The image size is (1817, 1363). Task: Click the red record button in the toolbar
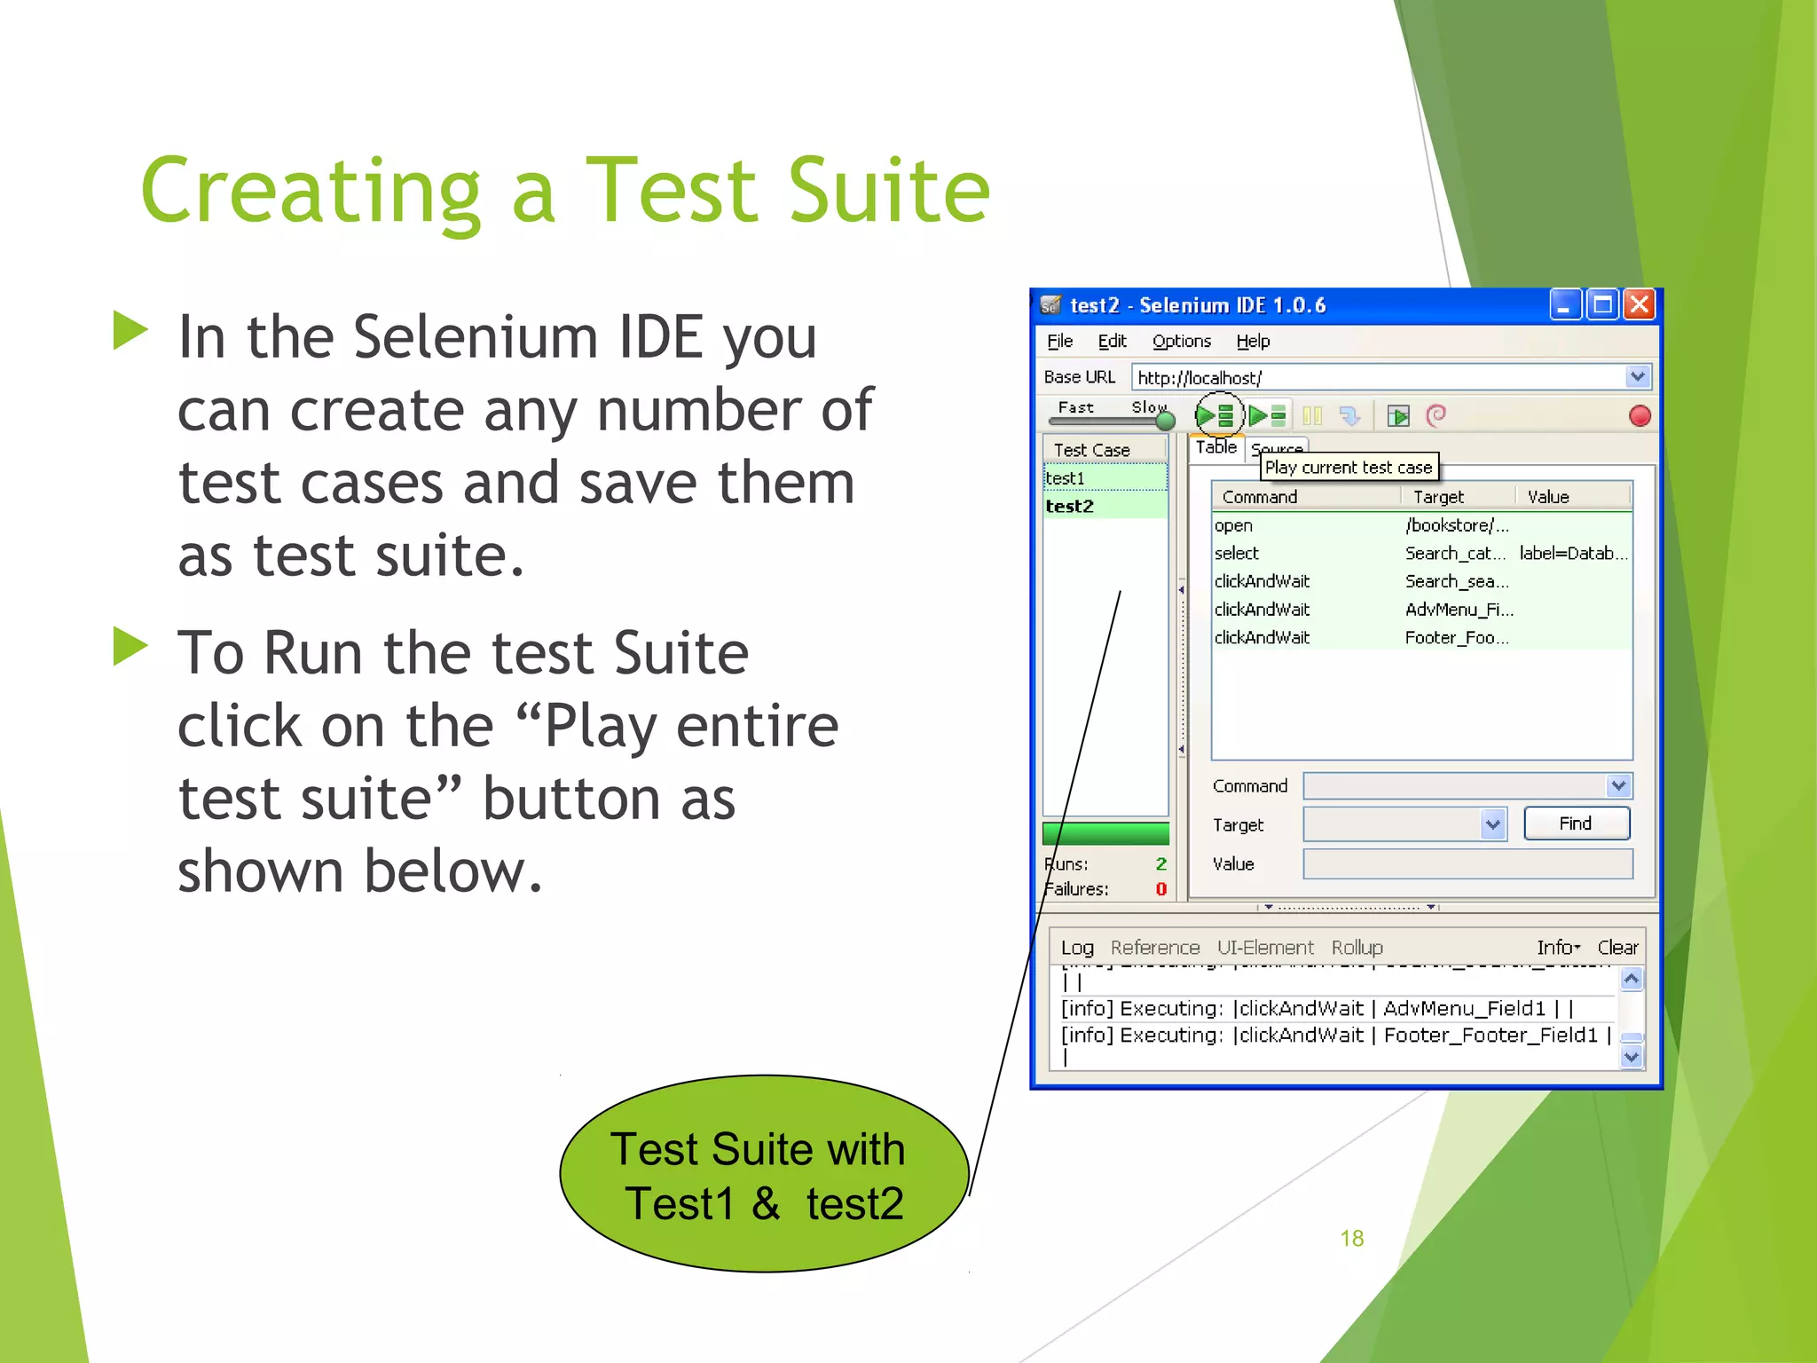(x=1640, y=416)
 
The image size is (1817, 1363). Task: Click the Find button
(x=1576, y=823)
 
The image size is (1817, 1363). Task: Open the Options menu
(x=1181, y=342)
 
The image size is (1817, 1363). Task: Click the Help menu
(x=1253, y=342)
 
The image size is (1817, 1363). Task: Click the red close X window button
(x=1640, y=305)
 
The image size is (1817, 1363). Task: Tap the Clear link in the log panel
(x=1617, y=948)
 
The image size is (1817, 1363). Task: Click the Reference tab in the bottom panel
(x=1154, y=948)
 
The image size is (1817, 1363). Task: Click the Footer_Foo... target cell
(x=1456, y=638)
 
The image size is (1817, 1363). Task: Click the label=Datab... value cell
(x=1572, y=554)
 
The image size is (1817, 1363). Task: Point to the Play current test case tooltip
(x=1348, y=468)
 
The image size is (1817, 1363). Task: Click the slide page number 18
(x=1351, y=1239)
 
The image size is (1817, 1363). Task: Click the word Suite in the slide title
(x=888, y=191)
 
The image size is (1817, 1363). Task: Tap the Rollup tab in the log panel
(x=1357, y=948)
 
